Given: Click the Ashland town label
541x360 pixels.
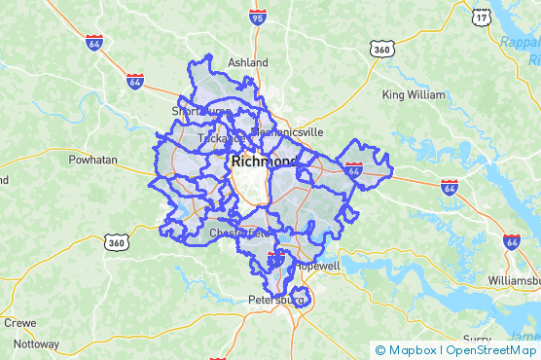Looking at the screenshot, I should click(247, 62).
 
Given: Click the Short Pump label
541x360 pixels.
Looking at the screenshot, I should click(197, 111).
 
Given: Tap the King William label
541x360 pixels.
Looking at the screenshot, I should click(413, 95).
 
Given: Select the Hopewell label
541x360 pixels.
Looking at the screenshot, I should click(318, 266).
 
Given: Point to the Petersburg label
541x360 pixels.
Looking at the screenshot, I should click(276, 300).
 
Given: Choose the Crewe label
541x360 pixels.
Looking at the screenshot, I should click(19, 323).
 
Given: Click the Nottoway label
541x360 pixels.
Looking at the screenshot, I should click(36, 343).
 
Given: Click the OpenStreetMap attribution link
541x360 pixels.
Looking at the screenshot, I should click(492, 349).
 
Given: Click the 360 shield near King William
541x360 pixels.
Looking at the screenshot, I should click(381, 48).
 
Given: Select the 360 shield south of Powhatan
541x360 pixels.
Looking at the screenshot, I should click(116, 241).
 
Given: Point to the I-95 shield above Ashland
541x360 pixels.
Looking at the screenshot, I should click(258, 17).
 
